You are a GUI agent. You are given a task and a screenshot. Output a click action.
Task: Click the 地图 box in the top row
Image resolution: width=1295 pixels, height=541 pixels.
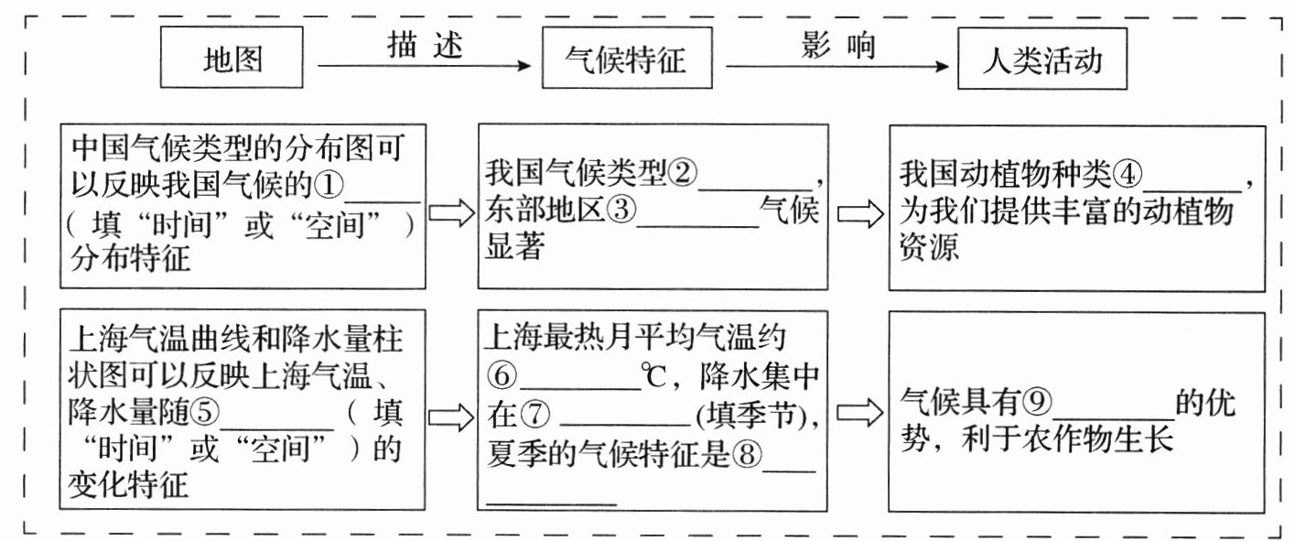click(x=232, y=60)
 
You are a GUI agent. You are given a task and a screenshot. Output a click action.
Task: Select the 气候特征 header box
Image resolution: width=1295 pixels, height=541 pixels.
click(x=627, y=61)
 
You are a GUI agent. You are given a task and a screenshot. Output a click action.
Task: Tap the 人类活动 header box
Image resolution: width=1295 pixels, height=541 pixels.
click(x=1041, y=61)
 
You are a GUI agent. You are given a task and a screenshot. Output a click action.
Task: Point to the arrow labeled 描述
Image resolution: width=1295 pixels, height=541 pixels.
click(x=423, y=66)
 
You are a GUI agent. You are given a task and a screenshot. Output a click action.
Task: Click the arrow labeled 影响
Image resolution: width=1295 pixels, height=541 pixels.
click(x=836, y=66)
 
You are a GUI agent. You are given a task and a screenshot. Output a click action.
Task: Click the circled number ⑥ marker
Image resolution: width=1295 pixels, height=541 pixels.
click(x=503, y=376)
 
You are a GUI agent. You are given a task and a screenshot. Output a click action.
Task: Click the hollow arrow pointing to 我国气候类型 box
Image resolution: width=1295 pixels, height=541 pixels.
click(x=452, y=213)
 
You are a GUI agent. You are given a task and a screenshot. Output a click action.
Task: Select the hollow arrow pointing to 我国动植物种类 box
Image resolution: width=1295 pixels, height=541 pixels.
click(x=860, y=213)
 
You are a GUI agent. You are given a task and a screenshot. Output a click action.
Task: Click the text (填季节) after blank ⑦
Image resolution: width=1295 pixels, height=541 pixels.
click(x=755, y=416)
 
